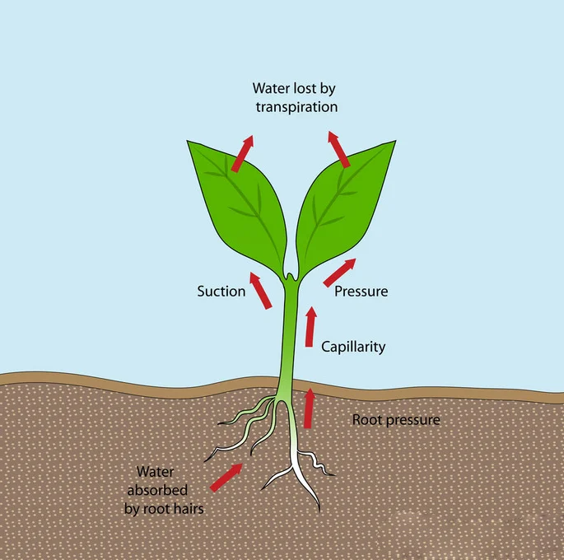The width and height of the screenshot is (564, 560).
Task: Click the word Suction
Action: pyautogui.click(x=221, y=292)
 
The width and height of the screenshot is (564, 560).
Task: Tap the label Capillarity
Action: pyautogui.click(x=353, y=347)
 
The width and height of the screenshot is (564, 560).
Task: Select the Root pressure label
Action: pyautogui.click(x=396, y=420)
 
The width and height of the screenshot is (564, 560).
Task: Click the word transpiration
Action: pyautogui.click(x=296, y=107)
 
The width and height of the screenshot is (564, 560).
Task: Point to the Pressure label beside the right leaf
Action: pyautogui.click(x=361, y=292)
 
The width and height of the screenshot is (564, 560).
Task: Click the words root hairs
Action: pyautogui.click(x=173, y=509)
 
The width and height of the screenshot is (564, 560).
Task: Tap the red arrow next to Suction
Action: pyautogui.click(x=260, y=292)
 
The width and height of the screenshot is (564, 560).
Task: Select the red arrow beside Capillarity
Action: pyautogui.click(x=310, y=326)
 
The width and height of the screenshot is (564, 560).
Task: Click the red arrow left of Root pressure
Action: pyautogui.click(x=309, y=408)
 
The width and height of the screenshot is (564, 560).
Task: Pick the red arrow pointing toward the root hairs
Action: pyautogui.click(x=226, y=477)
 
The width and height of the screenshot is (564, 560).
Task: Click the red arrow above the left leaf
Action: pyautogui.click(x=242, y=154)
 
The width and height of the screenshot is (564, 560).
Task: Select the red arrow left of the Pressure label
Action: pyautogui.click(x=340, y=273)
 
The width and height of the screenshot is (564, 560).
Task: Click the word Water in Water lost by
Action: pyautogui.click(x=270, y=88)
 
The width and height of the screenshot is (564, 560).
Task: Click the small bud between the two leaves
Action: pyautogui.click(x=290, y=272)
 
